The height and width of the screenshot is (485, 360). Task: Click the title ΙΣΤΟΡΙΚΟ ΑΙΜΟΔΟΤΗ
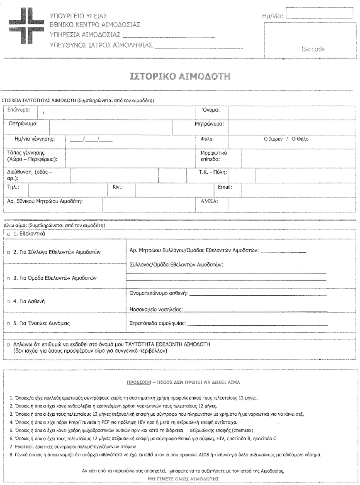pos(179,77)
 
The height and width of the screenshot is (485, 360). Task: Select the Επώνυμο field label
pos(19,111)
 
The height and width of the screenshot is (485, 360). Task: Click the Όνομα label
pos(210,110)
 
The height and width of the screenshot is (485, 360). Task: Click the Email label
pos(225,187)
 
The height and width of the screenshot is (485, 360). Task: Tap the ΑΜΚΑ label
pos(209,202)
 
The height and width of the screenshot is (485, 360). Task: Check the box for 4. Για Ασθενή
pos(9,302)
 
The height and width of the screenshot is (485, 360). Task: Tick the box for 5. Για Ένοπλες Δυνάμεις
pos(9,323)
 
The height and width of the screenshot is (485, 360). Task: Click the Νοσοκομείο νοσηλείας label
pos(156,309)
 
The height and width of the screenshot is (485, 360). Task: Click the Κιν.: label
pos(118,187)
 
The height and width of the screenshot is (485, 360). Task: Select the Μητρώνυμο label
pos(209,124)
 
